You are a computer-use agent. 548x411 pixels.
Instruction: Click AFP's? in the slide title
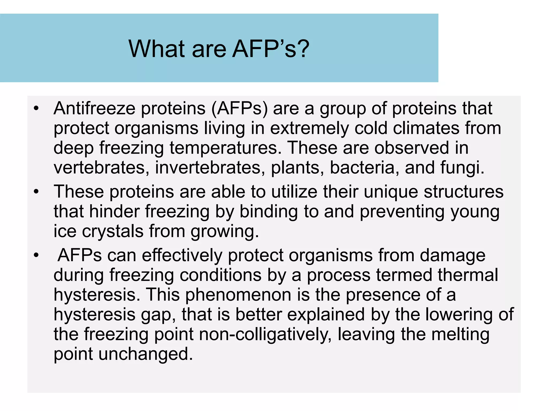coord(270,49)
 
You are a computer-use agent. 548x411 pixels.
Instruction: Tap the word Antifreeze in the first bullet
coord(94,108)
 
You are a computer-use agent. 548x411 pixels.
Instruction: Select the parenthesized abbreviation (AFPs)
coord(239,108)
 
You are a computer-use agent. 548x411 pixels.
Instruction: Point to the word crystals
coord(113,231)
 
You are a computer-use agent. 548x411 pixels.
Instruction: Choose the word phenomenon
coord(238,295)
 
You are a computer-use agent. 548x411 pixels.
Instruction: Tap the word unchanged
coord(146,354)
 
